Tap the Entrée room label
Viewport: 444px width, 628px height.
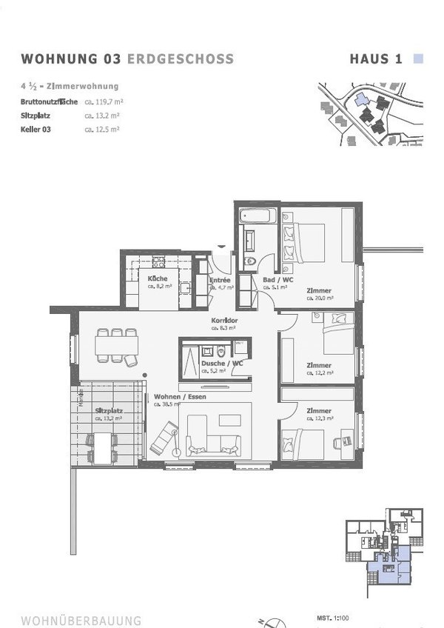click(x=220, y=281)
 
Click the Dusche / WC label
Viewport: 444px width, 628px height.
click(x=222, y=364)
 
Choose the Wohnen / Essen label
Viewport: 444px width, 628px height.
click(x=180, y=397)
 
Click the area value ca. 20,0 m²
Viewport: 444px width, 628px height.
click(x=320, y=298)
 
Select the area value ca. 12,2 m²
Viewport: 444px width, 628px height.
click(x=320, y=373)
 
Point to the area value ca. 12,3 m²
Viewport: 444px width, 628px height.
click(x=320, y=419)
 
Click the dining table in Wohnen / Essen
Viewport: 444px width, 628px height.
click(x=116, y=346)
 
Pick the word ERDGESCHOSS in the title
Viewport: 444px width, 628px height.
click(x=181, y=59)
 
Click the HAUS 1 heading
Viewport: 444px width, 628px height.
click(x=375, y=59)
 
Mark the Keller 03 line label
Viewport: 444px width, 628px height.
click(x=38, y=129)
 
